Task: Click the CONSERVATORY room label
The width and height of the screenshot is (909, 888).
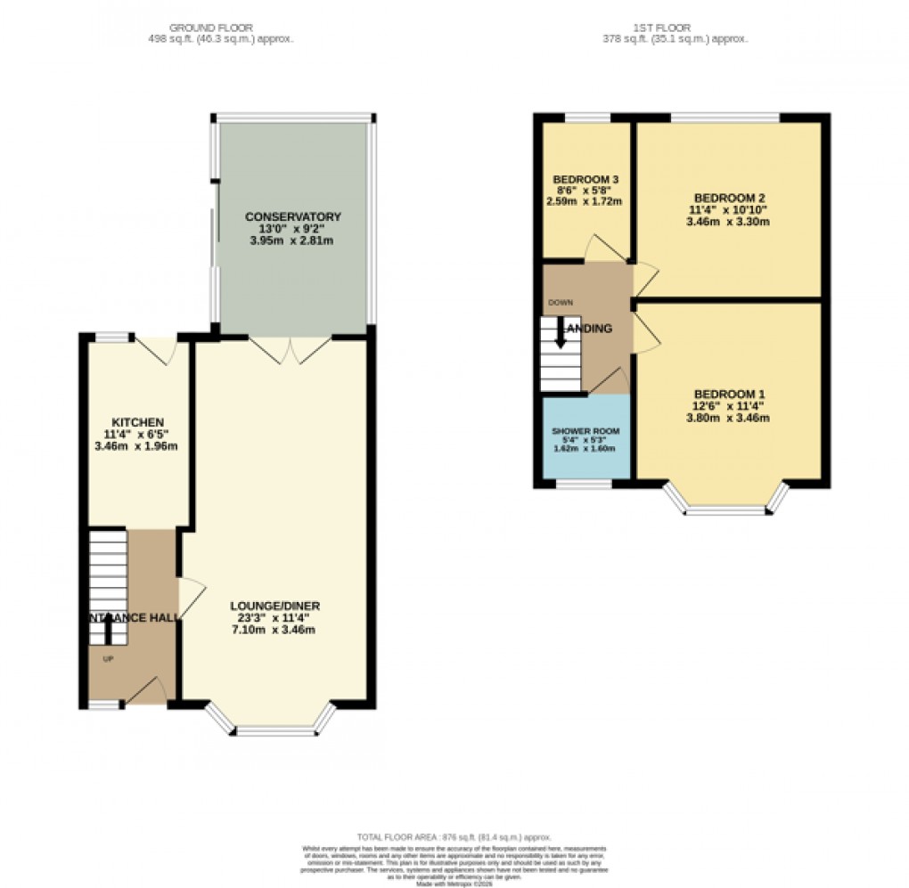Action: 293,216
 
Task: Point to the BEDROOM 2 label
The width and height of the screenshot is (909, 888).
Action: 729,198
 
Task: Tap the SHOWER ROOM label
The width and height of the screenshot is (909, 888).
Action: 586,431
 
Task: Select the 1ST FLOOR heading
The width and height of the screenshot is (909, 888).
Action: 676,27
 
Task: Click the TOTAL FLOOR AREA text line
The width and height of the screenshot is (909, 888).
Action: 454,837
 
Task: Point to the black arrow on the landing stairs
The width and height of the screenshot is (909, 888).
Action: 561,333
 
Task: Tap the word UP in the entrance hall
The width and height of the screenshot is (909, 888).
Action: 108,659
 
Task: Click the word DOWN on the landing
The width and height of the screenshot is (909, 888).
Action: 561,303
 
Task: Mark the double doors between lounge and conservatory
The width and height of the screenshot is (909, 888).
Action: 291,350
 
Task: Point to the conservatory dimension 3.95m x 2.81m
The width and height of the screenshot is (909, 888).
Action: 293,241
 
